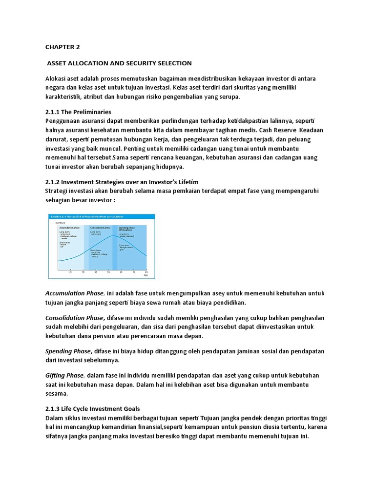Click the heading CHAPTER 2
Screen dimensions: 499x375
[62, 47]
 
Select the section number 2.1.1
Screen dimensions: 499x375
[54, 112]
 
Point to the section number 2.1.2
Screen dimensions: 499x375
[54, 182]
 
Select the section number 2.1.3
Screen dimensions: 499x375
[54, 408]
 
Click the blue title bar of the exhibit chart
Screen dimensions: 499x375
[102, 217]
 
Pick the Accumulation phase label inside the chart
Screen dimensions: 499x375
[69, 228]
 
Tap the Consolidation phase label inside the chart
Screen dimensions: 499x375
[101, 228]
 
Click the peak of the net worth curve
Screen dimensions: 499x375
[115, 236]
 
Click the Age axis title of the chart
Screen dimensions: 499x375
[145, 276]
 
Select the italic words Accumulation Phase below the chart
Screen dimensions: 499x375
[74, 293]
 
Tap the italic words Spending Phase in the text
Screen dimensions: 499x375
[68, 351]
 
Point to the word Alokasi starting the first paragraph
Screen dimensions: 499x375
[57, 78]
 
